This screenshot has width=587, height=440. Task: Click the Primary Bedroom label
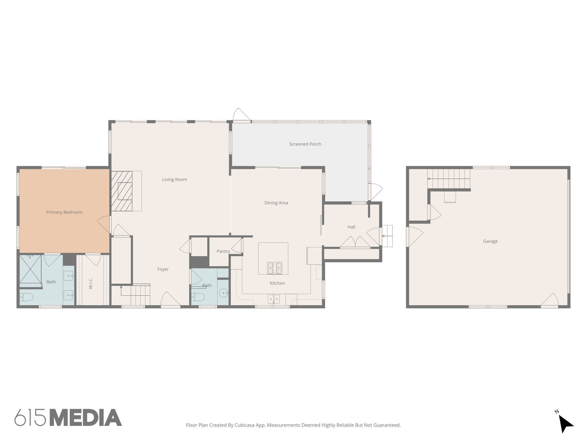click(x=64, y=212)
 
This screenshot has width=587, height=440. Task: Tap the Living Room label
click(x=174, y=180)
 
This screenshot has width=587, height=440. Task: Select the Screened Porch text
click(x=305, y=144)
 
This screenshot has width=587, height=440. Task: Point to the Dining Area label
click(x=276, y=203)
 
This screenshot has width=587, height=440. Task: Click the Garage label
click(x=490, y=241)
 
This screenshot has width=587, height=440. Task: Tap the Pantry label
click(x=223, y=251)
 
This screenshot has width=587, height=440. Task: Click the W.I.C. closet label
click(x=91, y=283)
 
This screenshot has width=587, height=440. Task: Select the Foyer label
click(x=163, y=269)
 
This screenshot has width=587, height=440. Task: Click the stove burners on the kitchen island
click(x=275, y=268)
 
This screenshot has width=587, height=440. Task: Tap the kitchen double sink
click(x=274, y=299)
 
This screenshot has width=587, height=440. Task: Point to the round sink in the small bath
click(x=223, y=293)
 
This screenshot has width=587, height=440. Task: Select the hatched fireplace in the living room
click(x=122, y=191)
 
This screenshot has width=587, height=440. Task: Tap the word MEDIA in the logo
click(x=86, y=418)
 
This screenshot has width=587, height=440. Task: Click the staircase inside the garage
click(x=449, y=178)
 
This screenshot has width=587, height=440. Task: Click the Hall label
click(x=351, y=227)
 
